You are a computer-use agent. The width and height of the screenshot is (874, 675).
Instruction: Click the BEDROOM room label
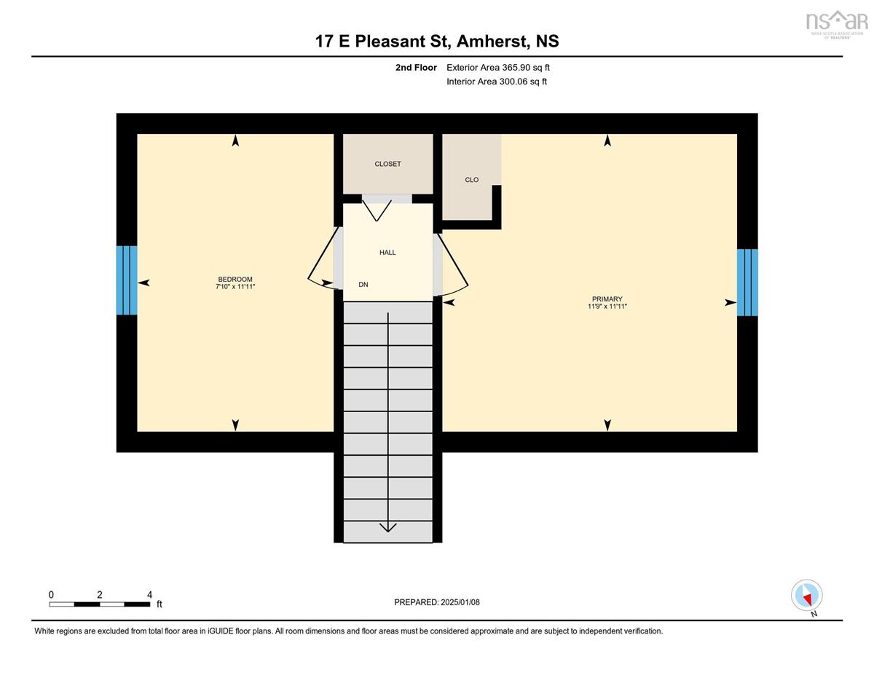pyautogui.click(x=235, y=279)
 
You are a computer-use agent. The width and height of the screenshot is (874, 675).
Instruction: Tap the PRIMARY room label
pyautogui.click(x=607, y=299)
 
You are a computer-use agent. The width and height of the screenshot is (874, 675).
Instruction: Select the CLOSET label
pyautogui.click(x=387, y=164)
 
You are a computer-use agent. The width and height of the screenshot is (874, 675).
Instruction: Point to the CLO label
pyautogui.click(x=471, y=180)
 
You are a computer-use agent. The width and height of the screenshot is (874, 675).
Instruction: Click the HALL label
pyautogui.click(x=387, y=253)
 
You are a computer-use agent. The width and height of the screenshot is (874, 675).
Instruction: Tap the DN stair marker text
pyautogui.click(x=363, y=285)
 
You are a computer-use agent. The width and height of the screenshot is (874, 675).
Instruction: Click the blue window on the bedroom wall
pyautogui.click(x=127, y=280)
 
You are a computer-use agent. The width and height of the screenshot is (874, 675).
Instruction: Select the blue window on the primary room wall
pyautogui.click(x=747, y=283)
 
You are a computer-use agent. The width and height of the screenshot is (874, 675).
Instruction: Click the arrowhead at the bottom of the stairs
pyautogui.click(x=387, y=527)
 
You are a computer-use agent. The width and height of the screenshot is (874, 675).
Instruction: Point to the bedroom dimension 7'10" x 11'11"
pyautogui.click(x=235, y=287)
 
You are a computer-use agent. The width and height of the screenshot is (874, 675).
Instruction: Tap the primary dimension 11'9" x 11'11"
pyautogui.click(x=607, y=307)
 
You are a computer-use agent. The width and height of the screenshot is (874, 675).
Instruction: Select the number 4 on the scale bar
pyautogui.click(x=149, y=595)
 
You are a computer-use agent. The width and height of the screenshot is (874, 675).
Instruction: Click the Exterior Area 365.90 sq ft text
pyautogui.click(x=498, y=68)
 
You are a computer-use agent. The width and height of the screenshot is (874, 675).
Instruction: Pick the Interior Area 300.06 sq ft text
pyautogui.click(x=497, y=82)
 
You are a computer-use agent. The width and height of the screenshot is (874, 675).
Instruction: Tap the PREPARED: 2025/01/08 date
pyautogui.click(x=437, y=602)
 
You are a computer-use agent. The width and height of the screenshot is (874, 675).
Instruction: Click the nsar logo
pyautogui.click(x=837, y=24)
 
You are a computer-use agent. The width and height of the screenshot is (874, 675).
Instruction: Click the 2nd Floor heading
pyautogui.click(x=416, y=68)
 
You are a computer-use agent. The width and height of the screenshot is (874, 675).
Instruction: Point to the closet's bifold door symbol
pyautogui.click(x=377, y=210)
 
